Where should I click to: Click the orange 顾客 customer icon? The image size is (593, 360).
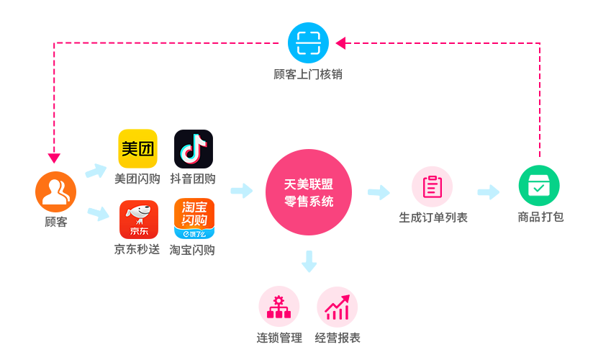coord(55,192)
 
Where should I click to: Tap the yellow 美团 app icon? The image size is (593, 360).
coord(137,149)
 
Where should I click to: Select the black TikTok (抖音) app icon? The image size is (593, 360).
coord(194,149)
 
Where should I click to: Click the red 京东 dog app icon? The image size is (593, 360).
coord(138,220)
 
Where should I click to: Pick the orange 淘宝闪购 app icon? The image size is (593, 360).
coord(194,219)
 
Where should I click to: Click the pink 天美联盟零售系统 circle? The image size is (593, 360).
coord(309,192)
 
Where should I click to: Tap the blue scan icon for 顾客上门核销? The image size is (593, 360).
coord(308,43)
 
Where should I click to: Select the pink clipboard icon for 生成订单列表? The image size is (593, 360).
coord(432,186)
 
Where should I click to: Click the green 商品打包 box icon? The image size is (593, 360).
coord(539,186)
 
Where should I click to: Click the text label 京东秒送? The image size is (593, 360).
coord(137,250)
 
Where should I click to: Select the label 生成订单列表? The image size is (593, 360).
coord(433,217)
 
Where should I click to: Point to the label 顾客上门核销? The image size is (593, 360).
coord(308,74)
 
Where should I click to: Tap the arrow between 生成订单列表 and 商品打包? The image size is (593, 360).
coord(489,192)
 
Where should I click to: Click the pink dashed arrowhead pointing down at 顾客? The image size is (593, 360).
coord(55,158)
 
